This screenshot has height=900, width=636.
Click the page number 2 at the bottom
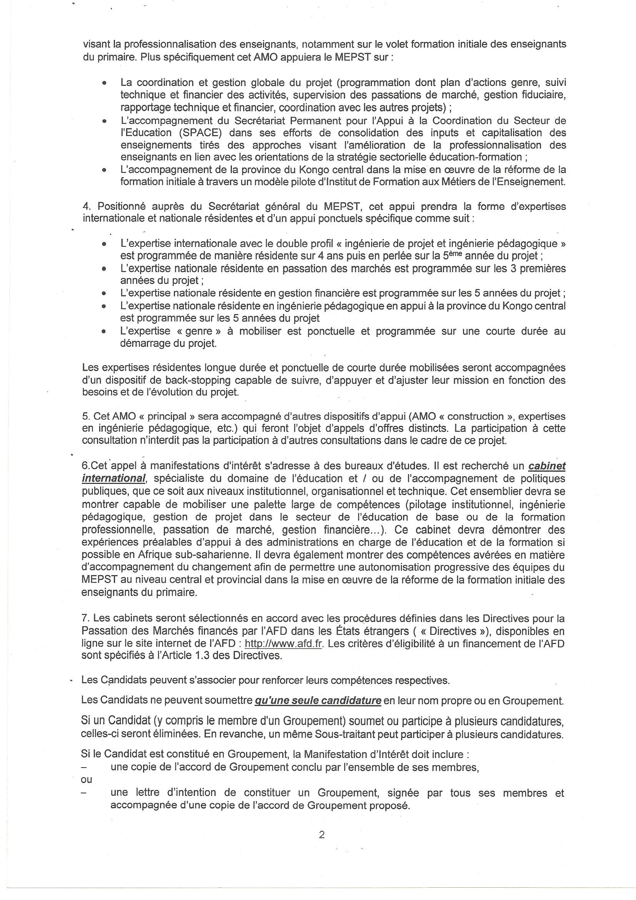pos(321,835)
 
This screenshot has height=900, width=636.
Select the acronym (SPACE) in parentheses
pos(200,132)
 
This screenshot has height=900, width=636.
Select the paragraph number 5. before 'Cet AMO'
pos(85,416)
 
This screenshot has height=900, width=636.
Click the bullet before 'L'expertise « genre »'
pos(104,331)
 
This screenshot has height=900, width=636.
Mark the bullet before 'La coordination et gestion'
pos(104,83)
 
